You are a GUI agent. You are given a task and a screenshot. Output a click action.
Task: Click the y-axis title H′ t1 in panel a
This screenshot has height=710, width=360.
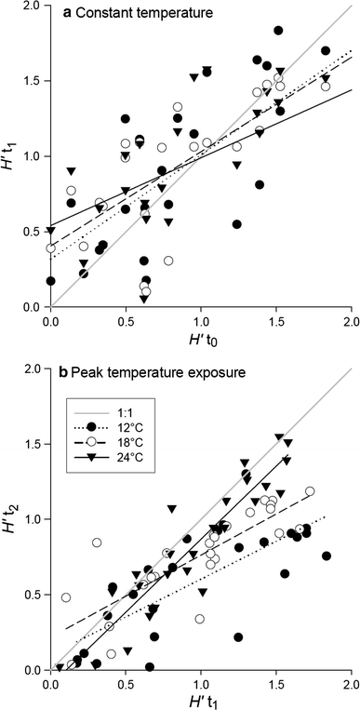point(11,156)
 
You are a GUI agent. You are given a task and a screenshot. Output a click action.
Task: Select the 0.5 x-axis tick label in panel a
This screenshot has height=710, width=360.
point(126,320)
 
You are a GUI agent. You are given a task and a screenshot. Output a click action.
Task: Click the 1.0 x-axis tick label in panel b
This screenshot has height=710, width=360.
point(200,683)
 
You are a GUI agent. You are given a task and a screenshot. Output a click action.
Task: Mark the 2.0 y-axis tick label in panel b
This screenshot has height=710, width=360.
point(35,369)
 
